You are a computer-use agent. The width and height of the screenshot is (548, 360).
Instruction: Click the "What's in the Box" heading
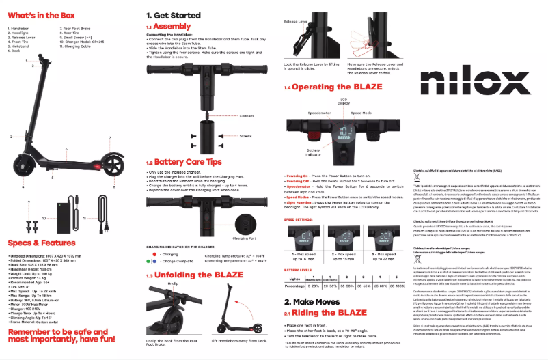pyautogui.click(x=42, y=14)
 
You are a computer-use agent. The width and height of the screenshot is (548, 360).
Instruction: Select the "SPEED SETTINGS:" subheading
pyautogui.click(x=299, y=220)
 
